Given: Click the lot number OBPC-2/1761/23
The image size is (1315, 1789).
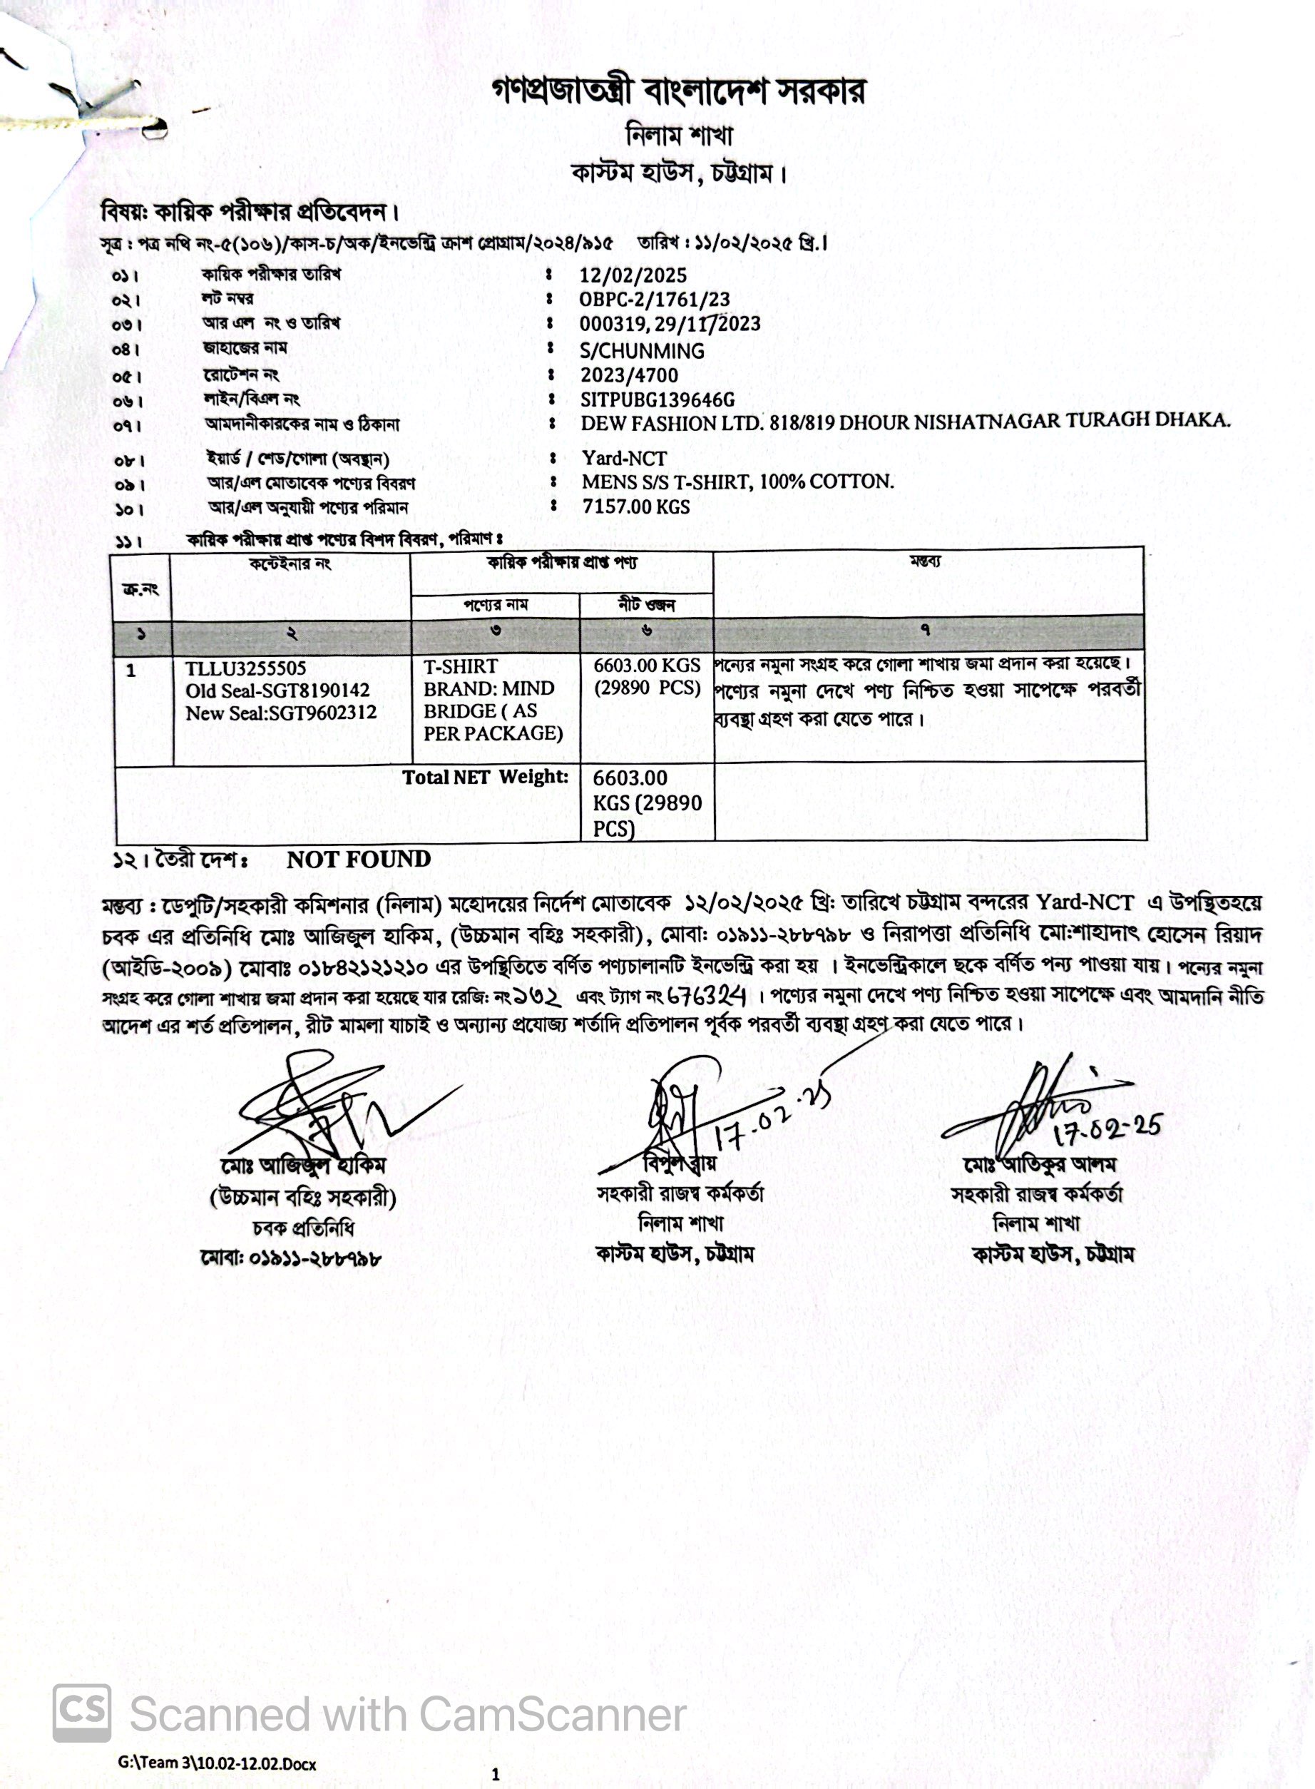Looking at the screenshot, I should pyautogui.click(x=655, y=300).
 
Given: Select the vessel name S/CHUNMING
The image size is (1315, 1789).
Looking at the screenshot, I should pyautogui.click(x=642, y=350).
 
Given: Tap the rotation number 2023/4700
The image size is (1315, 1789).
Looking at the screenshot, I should pyautogui.click(x=629, y=375).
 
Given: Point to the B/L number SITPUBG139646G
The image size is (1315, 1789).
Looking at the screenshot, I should pyautogui.click(x=657, y=399).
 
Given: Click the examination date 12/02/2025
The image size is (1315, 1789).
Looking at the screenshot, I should pyautogui.click(x=633, y=275).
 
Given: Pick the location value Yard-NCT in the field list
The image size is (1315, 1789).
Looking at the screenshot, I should pyautogui.click(x=624, y=458).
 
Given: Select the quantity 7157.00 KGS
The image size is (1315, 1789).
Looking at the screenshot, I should pyautogui.click(x=636, y=506).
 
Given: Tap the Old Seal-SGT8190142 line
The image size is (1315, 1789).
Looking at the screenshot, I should pyautogui.click(x=278, y=690).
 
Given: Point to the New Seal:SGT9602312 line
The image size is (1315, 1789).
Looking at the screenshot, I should pyautogui.click(x=281, y=713).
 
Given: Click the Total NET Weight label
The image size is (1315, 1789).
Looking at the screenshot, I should pyautogui.click(x=486, y=777).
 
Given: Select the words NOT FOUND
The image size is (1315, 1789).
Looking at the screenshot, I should pyautogui.click(x=358, y=859).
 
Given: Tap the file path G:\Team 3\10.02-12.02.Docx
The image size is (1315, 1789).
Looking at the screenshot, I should pyautogui.click(x=217, y=1763).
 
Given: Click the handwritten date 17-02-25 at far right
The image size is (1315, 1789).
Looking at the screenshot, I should pyautogui.click(x=1108, y=1129).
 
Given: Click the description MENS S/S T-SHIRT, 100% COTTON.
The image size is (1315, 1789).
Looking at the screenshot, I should pyautogui.click(x=738, y=481).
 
